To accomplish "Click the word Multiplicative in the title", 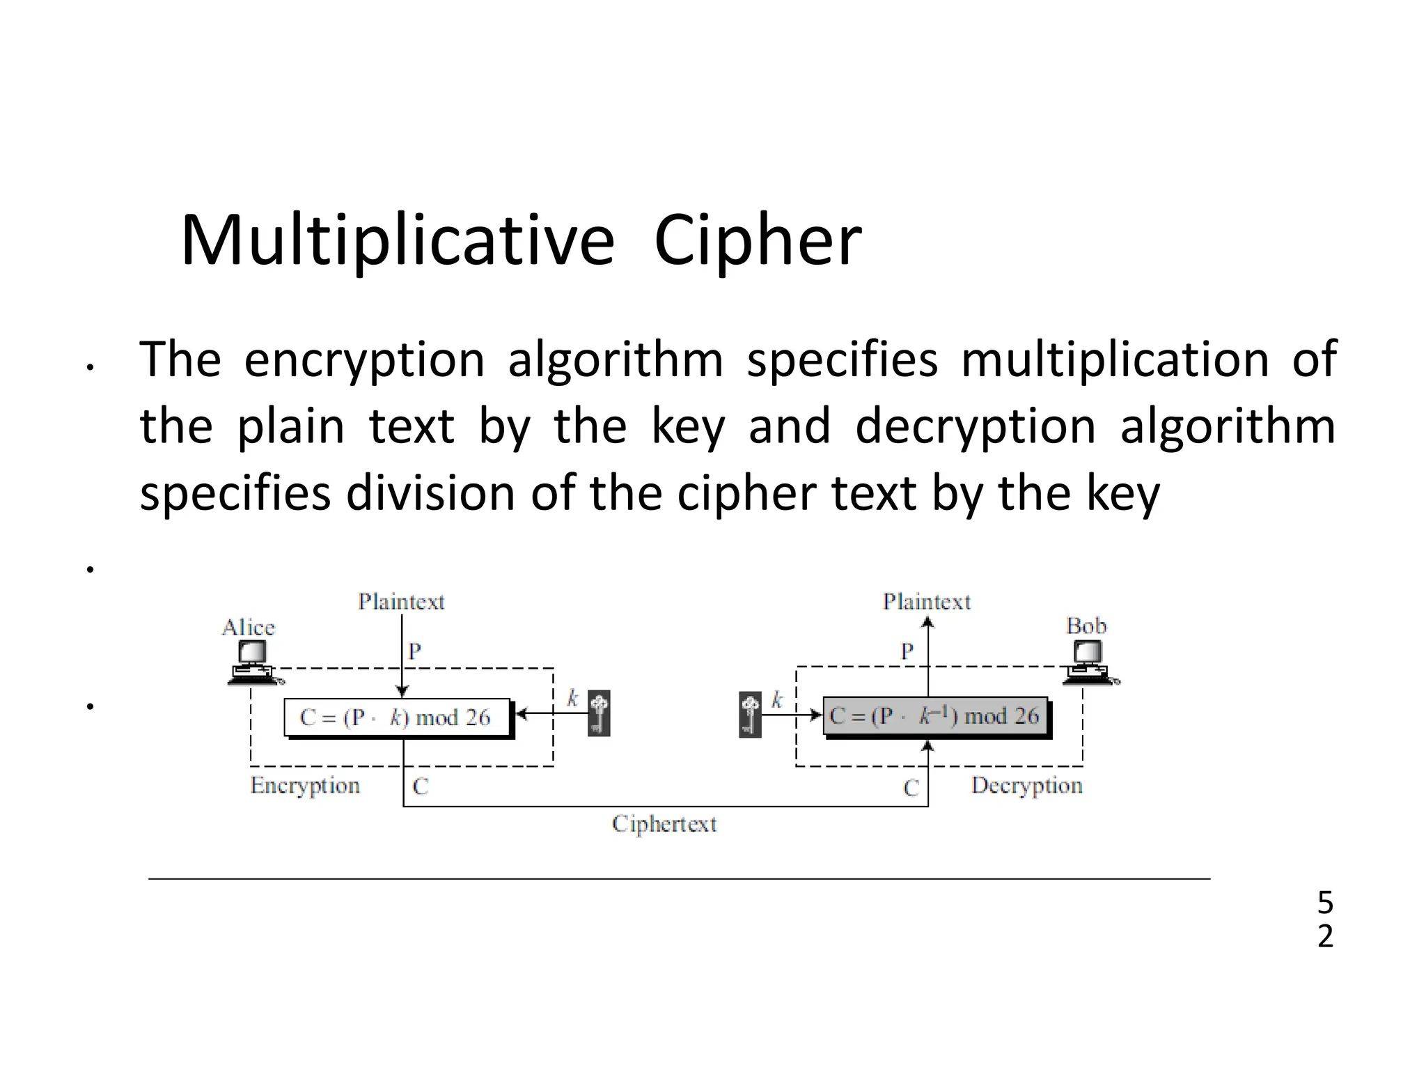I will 398,241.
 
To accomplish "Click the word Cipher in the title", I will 758,241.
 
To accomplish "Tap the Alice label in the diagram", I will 249,628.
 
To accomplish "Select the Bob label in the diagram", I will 1086,626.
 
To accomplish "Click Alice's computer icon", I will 252,662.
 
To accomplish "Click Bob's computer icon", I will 1088,662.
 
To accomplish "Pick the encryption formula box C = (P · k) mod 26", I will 397,718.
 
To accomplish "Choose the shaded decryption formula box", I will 934,715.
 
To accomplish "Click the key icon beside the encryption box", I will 599,713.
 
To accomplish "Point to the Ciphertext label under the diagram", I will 664,824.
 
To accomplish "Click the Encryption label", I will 305,786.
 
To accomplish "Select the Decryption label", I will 1027,786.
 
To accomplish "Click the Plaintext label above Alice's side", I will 401,601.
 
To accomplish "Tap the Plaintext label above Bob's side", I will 927,601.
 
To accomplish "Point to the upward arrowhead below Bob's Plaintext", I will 927,622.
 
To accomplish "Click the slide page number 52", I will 1325,920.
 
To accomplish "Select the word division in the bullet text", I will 432,493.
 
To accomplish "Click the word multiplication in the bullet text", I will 1115,359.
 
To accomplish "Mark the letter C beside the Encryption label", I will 421,786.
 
